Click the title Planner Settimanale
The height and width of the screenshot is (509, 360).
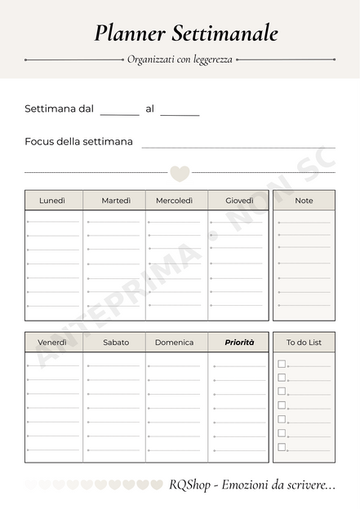point(185,33)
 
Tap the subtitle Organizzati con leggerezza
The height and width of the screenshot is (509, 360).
point(180,60)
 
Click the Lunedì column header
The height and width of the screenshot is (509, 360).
point(52,201)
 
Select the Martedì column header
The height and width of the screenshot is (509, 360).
point(116,201)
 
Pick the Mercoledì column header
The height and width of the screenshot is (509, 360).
point(175,201)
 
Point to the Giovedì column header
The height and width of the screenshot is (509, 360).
point(239,201)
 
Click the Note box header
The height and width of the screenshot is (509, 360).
point(304,201)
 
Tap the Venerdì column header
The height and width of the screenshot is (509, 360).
point(52,343)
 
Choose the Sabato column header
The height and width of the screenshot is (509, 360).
point(116,343)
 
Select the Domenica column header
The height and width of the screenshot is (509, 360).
point(175,343)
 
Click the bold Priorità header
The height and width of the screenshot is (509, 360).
point(239,343)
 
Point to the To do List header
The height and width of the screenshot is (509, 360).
point(304,343)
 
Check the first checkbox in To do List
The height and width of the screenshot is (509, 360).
point(282,364)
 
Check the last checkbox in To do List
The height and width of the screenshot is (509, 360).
point(282,447)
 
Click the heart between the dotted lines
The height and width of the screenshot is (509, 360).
point(180,173)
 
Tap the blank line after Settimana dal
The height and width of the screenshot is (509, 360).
point(120,113)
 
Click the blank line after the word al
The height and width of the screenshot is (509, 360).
point(180,113)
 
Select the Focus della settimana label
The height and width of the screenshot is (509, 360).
point(78,142)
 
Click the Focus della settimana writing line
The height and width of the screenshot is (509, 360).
point(238,146)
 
